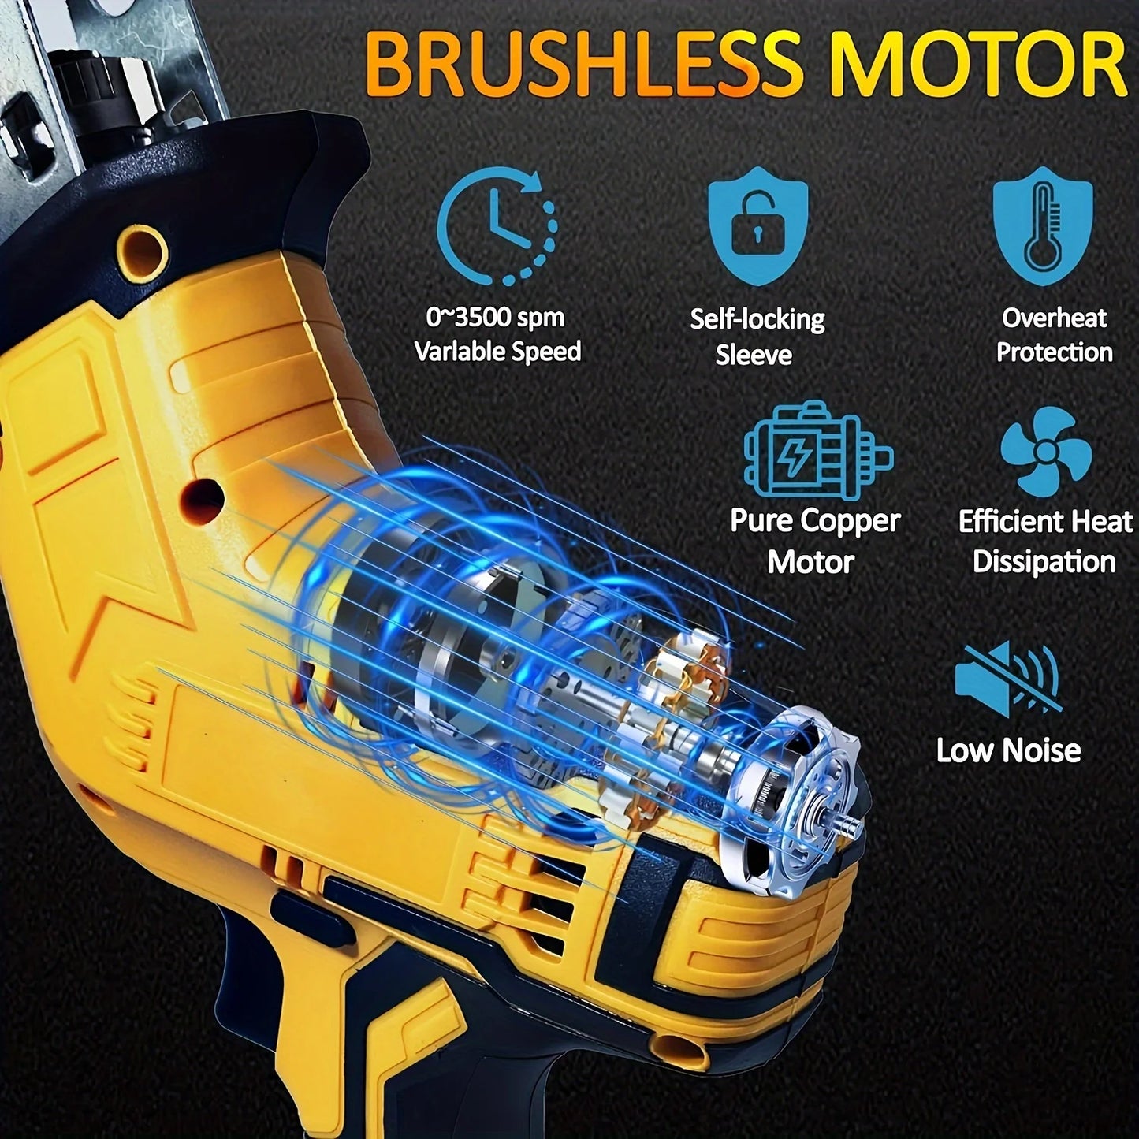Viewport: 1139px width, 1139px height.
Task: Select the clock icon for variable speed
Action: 497,225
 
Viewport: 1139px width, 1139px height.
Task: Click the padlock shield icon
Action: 757,225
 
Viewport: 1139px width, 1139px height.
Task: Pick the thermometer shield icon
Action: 1042,225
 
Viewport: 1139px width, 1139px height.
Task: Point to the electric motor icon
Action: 817,451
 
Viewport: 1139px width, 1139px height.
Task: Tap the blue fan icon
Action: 1045,452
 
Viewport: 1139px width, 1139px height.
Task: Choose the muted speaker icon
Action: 1008,679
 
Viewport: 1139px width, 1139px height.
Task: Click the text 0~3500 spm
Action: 496,318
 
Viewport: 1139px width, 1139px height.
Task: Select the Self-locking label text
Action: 757,319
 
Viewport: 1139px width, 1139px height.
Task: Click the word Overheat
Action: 1054,318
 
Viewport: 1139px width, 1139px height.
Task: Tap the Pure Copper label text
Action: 814,521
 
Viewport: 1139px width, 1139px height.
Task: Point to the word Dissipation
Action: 1044,562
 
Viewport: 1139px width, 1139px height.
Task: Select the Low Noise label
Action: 1008,750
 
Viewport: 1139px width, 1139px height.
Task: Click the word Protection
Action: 1054,352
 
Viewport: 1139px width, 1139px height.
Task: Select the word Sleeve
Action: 753,355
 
